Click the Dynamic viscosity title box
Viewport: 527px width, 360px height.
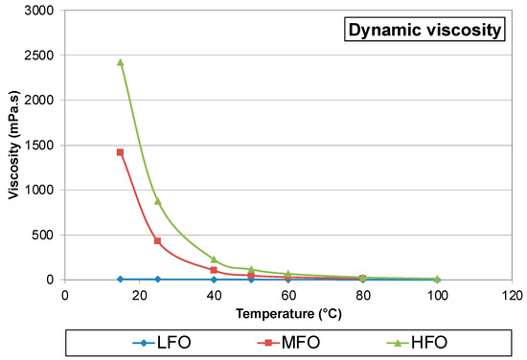[x=424, y=32]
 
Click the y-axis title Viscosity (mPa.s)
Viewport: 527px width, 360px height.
[x=12, y=144]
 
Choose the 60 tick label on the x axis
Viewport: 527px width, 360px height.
[x=288, y=295]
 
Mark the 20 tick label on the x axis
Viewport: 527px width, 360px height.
[x=139, y=295]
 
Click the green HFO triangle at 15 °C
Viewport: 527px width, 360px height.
[x=120, y=62]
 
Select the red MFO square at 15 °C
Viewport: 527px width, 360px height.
[x=120, y=152]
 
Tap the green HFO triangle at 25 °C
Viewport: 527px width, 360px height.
[x=157, y=201]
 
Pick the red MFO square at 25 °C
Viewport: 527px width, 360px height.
[x=157, y=240]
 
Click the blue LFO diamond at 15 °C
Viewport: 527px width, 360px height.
[x=120, y=279]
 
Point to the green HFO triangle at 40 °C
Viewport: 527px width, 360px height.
[x=214, y=259]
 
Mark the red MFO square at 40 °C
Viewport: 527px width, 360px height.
[x=214, y=270]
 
